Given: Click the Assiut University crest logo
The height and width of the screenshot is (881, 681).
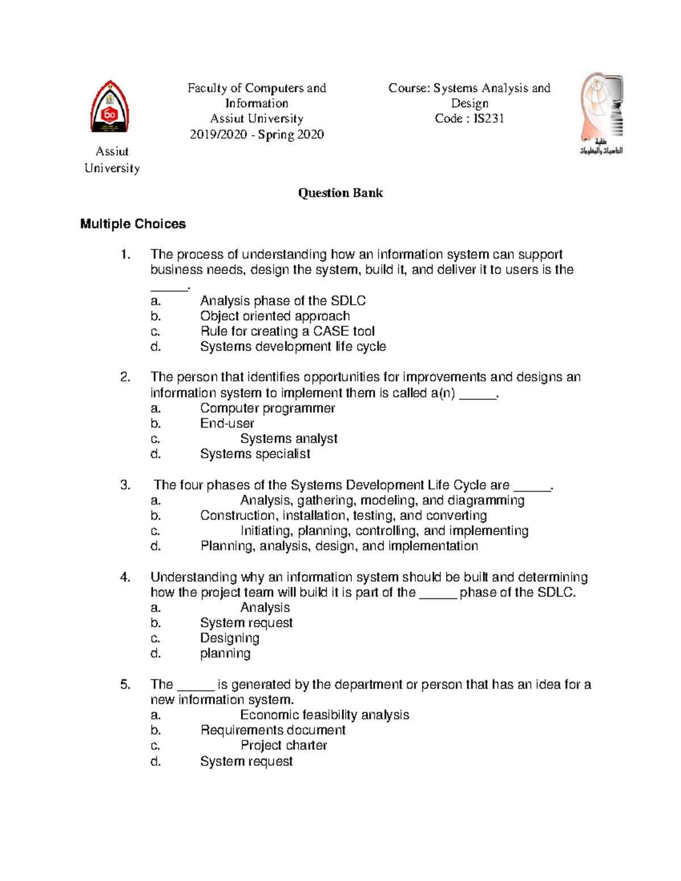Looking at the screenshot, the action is pos(110,108).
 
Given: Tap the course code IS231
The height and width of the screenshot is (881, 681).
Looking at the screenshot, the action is pos(488,119).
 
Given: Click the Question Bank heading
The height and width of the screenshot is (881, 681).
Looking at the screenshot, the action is pos(340,193).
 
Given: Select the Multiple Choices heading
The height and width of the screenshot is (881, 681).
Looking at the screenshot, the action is pos(133,224).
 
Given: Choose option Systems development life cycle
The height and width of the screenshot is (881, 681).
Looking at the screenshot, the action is pos(293,347).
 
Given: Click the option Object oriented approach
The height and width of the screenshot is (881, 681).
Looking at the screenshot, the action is pos(275,316).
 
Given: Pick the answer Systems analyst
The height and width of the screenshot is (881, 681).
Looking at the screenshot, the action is pos(288,439).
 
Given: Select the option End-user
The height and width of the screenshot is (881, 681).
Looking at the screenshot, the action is pos(227,423).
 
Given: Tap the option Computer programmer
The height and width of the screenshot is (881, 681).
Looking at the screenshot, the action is pos(267,408).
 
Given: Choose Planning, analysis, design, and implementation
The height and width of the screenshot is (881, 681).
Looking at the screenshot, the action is pos(339,546).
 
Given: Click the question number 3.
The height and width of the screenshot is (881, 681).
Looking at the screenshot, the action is pos(125,485).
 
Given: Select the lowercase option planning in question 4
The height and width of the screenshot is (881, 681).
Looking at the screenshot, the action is pos(225,654).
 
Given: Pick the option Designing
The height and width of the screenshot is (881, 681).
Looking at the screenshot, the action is pos(229,638).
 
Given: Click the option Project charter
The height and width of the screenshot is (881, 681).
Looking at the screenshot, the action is pos(284,745).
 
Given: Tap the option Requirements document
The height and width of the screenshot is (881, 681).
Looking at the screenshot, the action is pos(272,730).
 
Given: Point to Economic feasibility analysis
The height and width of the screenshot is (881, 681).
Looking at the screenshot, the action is pos(325,715).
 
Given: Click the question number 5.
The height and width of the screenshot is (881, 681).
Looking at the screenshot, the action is pos(125,685).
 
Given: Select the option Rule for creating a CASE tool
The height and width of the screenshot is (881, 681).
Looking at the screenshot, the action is pos(287,331).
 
